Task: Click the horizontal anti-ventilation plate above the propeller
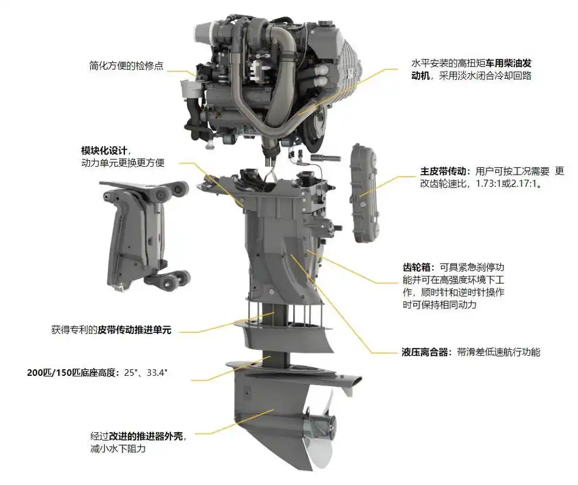[x=291, y=370]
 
